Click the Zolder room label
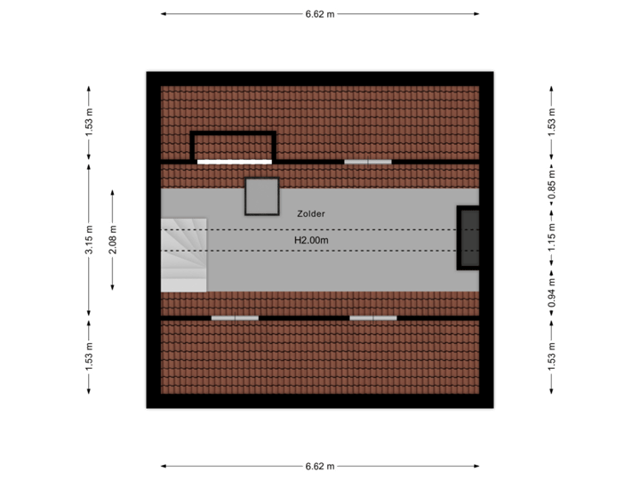(311, 213)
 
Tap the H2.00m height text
(311, 240)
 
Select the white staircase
(184, 255)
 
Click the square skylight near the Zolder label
(262, 196)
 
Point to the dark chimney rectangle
(468, 237)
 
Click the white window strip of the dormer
(235, 162)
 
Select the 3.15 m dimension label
(89, 240)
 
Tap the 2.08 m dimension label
(113, 240)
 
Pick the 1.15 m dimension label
(552, 237)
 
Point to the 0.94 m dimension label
(552, 292)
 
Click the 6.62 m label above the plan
(320, 14)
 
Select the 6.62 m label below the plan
(320, 466)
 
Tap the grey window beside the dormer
(368, 162)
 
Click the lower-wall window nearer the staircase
(235, 318)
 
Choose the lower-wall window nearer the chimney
(373, 318)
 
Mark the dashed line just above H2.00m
(320, 230)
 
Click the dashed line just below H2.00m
(320, 251)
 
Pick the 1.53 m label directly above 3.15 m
(89, 123)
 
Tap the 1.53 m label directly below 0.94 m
(552, 357)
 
